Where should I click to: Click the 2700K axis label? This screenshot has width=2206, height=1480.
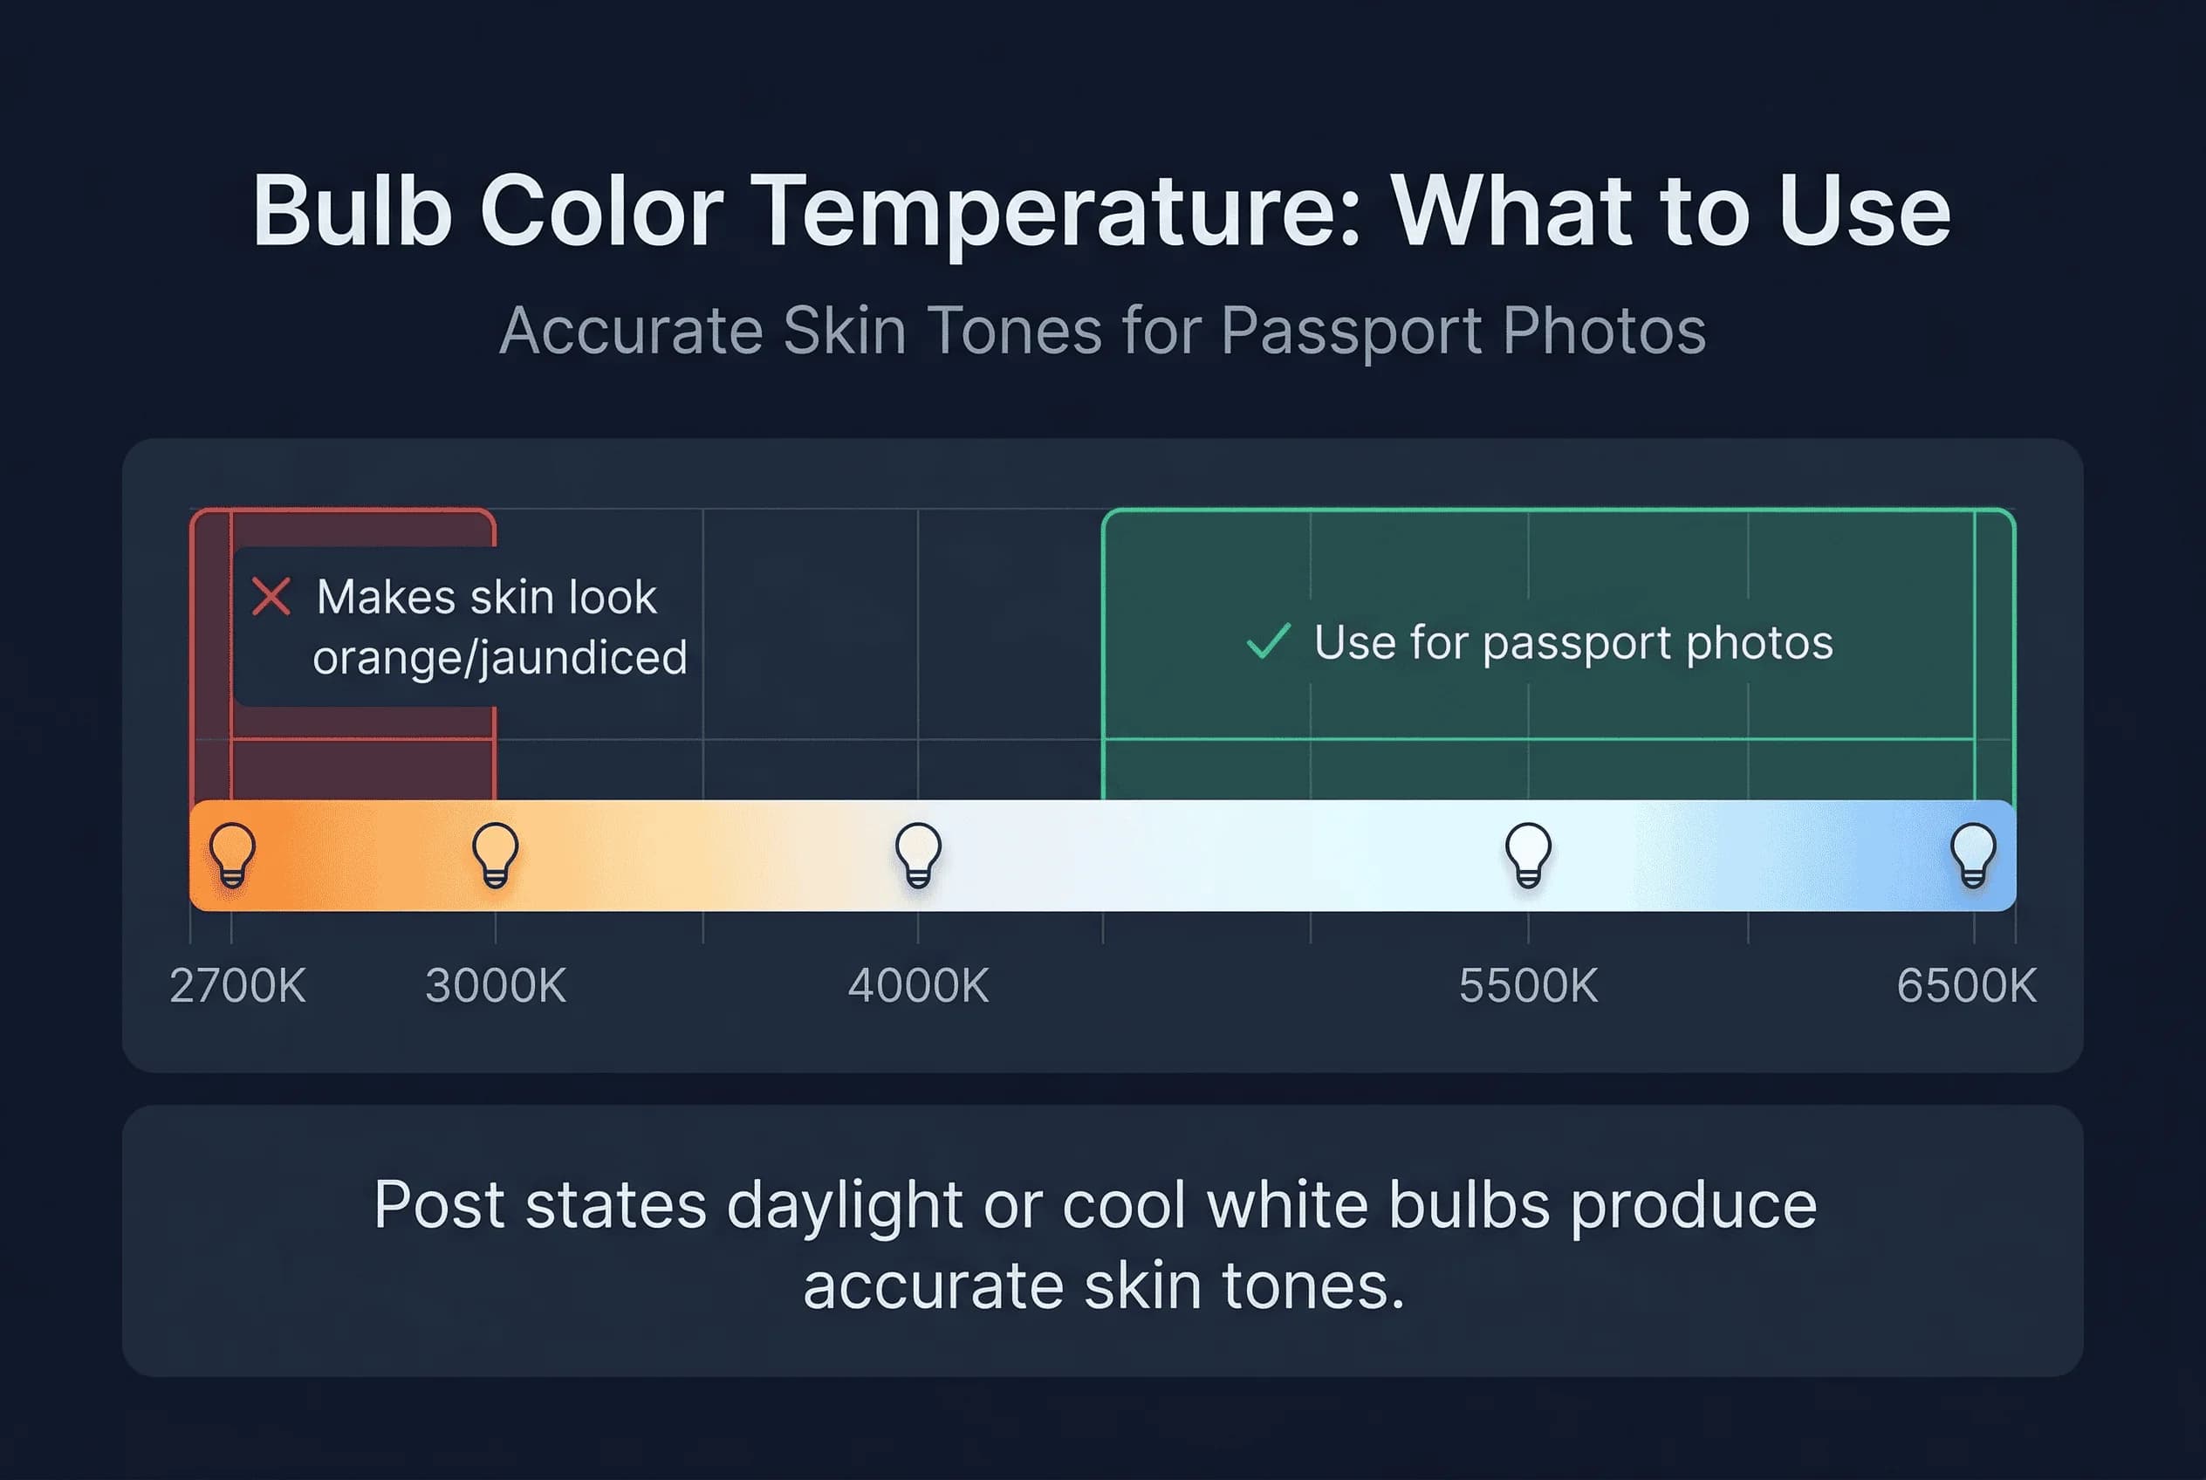tap(237, 986)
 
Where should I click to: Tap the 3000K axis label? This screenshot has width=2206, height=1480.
tap(496, 986)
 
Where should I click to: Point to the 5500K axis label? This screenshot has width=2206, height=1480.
tap(1528, 986)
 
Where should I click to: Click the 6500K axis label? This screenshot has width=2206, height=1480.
tap(1966, 986)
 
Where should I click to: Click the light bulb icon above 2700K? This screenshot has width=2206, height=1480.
tap(232, 854)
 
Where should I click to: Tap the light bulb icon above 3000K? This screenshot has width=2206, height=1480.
tap(496, 854)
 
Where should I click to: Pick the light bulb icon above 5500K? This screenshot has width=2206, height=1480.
tap(1528, 854)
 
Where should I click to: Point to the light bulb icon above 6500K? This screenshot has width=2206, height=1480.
tap(1973, 854)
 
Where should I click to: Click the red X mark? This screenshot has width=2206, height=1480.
tap(271, 597)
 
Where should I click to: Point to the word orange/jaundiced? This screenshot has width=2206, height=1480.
tap(499, 658)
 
